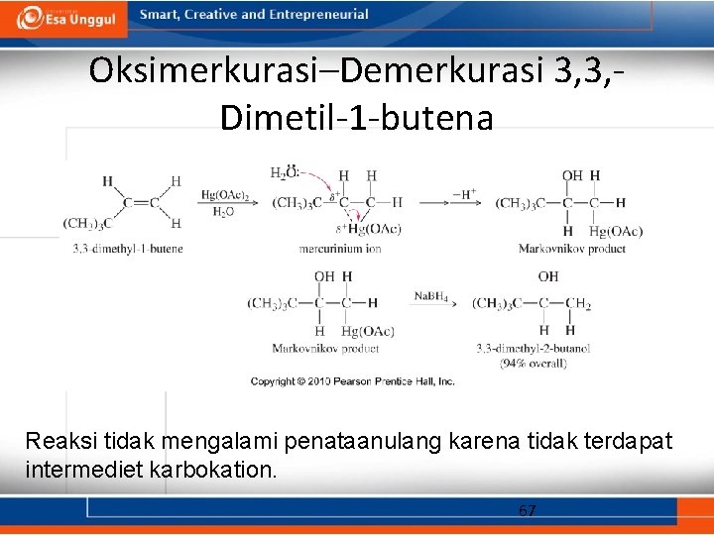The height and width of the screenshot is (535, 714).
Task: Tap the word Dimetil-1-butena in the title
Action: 356,118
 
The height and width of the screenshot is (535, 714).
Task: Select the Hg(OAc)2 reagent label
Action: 224,195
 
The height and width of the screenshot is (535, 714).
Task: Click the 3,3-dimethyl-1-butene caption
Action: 127,248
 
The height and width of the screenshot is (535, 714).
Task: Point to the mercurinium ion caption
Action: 340,249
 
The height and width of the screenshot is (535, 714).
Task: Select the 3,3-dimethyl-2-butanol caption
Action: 533,349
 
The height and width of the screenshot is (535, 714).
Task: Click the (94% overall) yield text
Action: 533,364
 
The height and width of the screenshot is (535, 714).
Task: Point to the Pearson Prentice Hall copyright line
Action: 352,381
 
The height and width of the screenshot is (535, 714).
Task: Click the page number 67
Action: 527,511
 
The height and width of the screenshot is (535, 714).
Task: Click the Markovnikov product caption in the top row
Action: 571,249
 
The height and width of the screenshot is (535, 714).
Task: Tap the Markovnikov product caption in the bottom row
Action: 325,349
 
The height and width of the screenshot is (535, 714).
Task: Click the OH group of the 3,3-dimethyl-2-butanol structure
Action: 548,277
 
